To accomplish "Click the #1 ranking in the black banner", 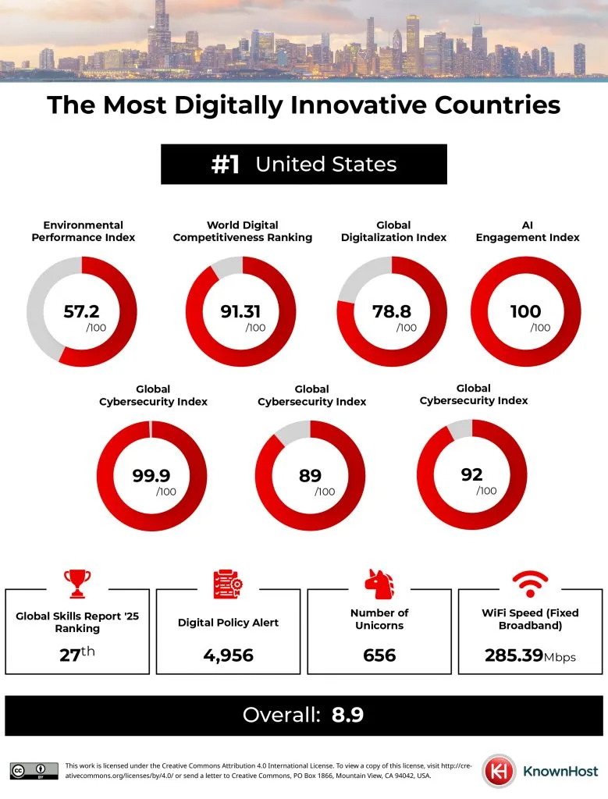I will pyautogui.click(x=225, y=165).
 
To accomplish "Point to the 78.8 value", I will pyautogui.click(x=392, y=311).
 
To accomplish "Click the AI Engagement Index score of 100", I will pyautogui.click(x=525, y=311).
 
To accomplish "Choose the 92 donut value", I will pyautogui.click(x=471, y=474).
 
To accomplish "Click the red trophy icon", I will pyautogui.click(x=77, y=583).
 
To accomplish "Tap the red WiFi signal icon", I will pyautogui.click(x=530, y=583).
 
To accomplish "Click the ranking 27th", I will pyautogui.click(x=77, y=654).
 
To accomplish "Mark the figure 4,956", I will pyautogui.click(x=228, y=655).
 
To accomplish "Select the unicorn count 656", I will pyautogui.click(x=379, y=655).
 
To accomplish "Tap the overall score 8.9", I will pyautogui.click(x=347, y=715).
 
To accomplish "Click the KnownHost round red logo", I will pyautogui.click(x=497, y=770).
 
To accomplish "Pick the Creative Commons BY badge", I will pyautogui.click(x=34, y=770).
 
